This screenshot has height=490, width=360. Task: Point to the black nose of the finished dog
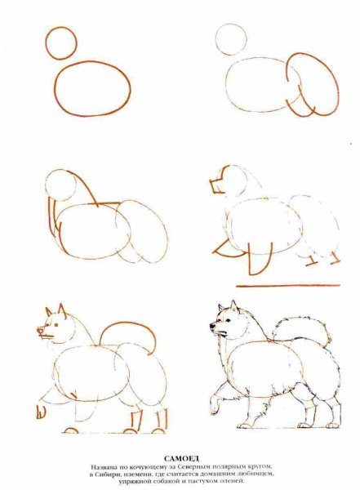click(x=212, y=326)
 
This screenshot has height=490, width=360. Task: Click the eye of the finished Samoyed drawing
click(x=229, y=321)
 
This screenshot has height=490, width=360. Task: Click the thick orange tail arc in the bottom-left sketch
click(x=128, y=323)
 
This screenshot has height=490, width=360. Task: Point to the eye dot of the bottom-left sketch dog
click(x=56, y=325)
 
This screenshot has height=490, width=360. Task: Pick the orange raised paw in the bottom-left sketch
click(x=41, y=412)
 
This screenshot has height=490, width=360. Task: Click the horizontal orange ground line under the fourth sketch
click(x=288, y=285)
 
